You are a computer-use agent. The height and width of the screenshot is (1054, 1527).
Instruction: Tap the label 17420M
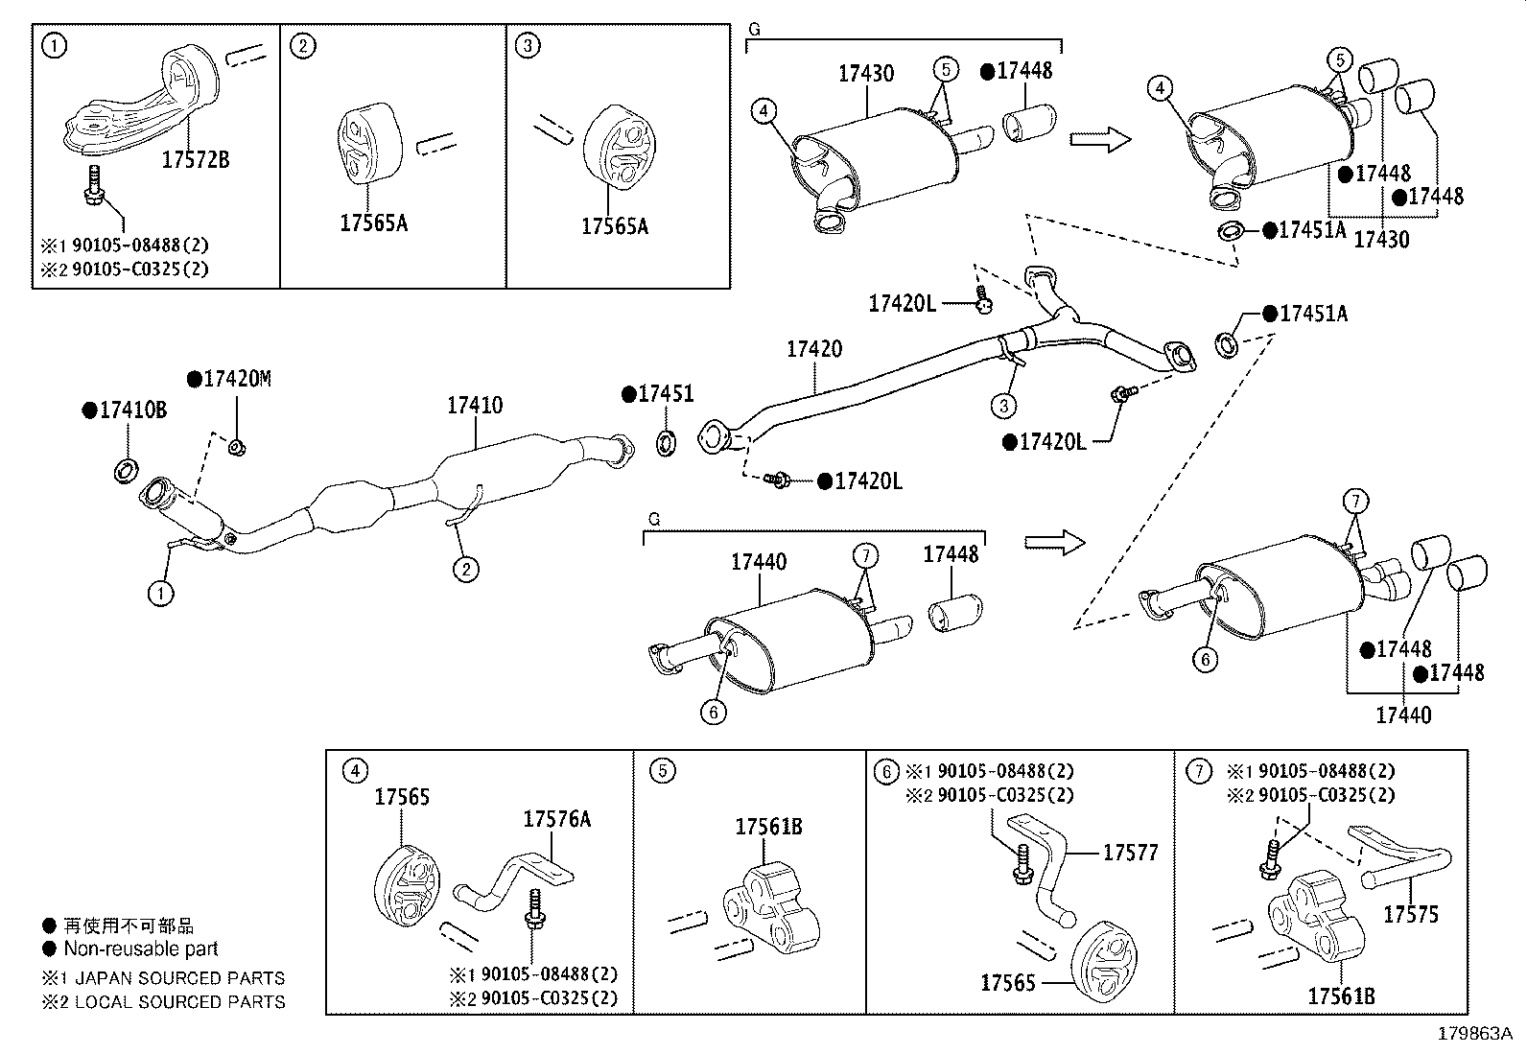[x=236, y=380]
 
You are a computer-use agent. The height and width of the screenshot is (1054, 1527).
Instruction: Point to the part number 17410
[x=474, y=406]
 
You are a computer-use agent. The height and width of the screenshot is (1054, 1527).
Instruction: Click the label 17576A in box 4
[x=556, y=819]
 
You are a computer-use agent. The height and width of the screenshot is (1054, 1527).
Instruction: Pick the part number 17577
[x=1130, y=853]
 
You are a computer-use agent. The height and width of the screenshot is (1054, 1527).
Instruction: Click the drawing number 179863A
[x=1474, y=1034]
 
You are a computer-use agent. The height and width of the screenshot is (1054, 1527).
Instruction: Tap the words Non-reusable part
[x=141, y=949]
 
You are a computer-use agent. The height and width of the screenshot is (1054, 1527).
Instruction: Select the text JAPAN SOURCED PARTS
[x=179, y=978]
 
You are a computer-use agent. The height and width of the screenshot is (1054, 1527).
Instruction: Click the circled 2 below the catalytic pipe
[x=465, y=570]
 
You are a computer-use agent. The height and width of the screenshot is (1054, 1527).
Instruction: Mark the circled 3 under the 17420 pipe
[x=1003, y=406]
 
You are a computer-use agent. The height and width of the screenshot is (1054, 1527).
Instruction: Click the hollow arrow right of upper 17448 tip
[x=1100, y=140]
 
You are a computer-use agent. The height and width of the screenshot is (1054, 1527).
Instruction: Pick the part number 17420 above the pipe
[x=814, y=349]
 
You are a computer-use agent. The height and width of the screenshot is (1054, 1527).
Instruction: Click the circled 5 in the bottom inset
[x=662, y=770]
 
